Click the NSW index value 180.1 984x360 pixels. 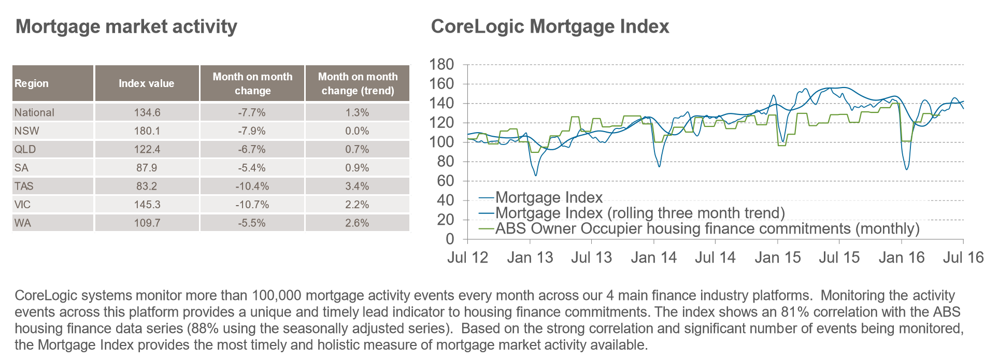(147, 131)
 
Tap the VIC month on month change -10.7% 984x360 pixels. (252, 205)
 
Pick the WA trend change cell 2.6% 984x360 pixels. (357, 223)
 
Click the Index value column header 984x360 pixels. (147, 83)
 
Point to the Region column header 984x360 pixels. (32, 83)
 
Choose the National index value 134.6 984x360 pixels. (147, 112)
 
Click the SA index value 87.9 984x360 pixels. (147, 168)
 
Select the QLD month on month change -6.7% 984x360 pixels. (252, 150)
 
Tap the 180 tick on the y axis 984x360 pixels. (441, 65)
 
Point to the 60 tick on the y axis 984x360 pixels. (446, 181)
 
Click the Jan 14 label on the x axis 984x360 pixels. (654, 257)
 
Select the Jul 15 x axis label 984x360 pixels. (839, 257)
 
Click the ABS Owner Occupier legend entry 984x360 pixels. (699, 228)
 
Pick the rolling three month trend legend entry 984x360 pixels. (632, 213)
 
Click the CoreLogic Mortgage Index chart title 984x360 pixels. (550, 26)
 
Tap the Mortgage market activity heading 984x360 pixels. (126, 26)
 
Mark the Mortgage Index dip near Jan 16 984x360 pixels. (906, 169)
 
